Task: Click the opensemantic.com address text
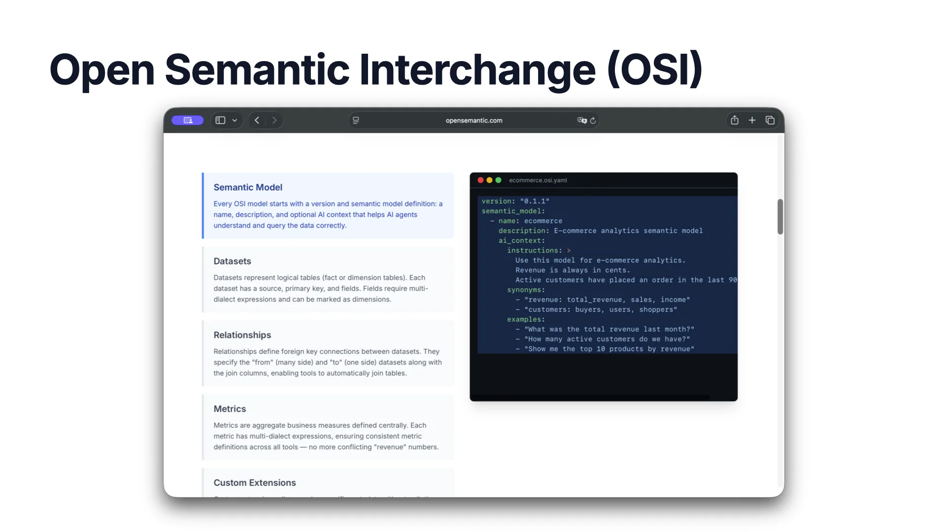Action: click(x=473, y=121)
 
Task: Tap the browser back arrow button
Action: click(x=257, y=120)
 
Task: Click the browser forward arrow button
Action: click(x=274, y=120)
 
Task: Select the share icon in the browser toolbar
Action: click(x=734, y=120)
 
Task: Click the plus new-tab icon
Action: click(x=752, y=120)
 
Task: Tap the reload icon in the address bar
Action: click(x=593, y=121)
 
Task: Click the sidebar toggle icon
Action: click(x=220, y=120)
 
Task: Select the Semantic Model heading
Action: click(x=247, y=187)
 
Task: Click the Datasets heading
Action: click(x=232, y=261)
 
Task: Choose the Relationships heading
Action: click(x=242, y=335)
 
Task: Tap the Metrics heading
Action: click(x=229, y=409)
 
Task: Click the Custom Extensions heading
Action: click(x=254, y=483)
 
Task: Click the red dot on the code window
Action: click(x=480, y=180)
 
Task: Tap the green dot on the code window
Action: click(x=498, y=180)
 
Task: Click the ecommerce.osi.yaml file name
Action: click(x=538, y=180)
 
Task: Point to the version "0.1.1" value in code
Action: click(x=535, y=201)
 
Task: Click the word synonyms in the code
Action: click(x=524, y=290)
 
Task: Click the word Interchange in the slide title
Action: click(x=477, y=69)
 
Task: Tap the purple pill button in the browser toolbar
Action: click(x=187, y=120)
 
